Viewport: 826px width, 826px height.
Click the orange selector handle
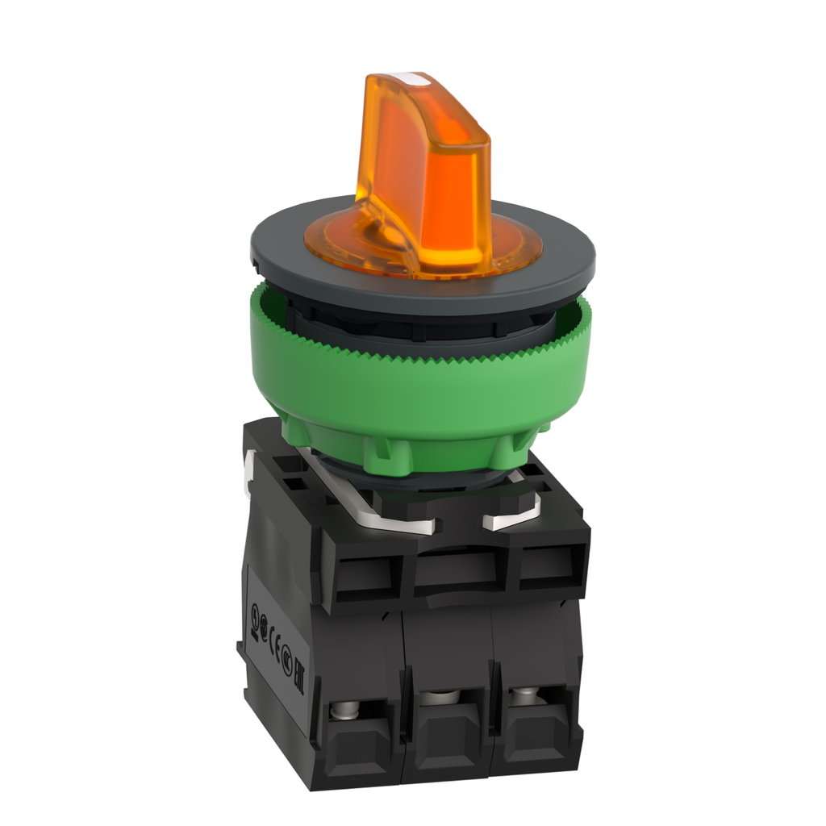[x=419, y=161]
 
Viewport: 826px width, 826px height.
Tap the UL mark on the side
[x=256, y=611]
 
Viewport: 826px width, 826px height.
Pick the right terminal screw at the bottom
[x=524, y=692]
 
